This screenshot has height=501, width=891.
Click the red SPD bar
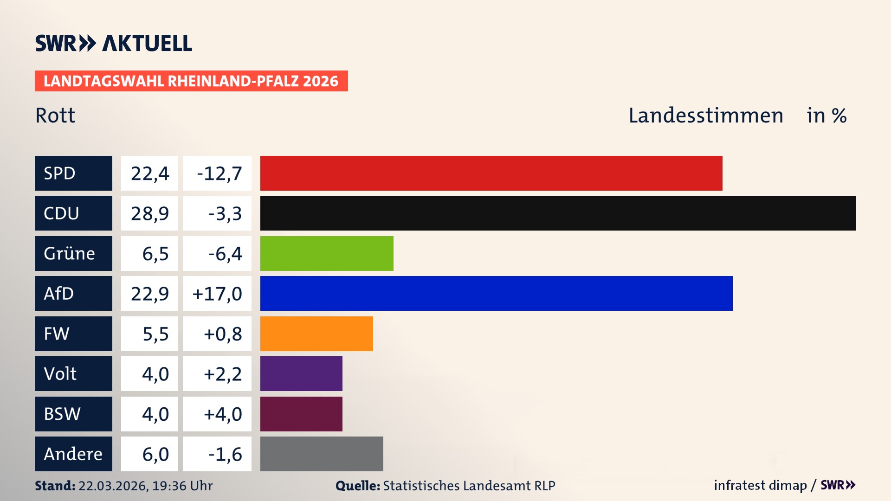(x=491, y=173)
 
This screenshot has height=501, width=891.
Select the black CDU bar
(x=558, y=213)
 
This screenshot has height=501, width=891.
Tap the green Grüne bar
(x=327, y=253)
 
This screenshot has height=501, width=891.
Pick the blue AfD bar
(x=496, y=293)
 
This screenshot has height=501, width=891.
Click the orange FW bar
(x=316, y=334)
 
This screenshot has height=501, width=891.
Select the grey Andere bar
(x=322, y=454)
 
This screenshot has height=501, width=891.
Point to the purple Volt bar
(x=301, y=373)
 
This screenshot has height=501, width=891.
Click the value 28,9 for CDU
(x=149, y=213)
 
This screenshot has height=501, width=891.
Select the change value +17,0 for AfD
(x=217, y=294)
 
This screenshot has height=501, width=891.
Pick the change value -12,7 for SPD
(x=219, y=173)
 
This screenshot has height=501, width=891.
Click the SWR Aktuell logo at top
(x=114, y=43)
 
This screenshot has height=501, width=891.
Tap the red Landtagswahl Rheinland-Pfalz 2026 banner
(x=191, y=81)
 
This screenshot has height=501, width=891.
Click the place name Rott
(x=55, y=116)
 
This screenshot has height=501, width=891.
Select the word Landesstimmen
(x=705, y=116)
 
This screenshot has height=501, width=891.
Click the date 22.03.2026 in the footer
(x=112, y=486)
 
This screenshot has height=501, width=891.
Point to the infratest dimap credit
(x=760, y=485)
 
